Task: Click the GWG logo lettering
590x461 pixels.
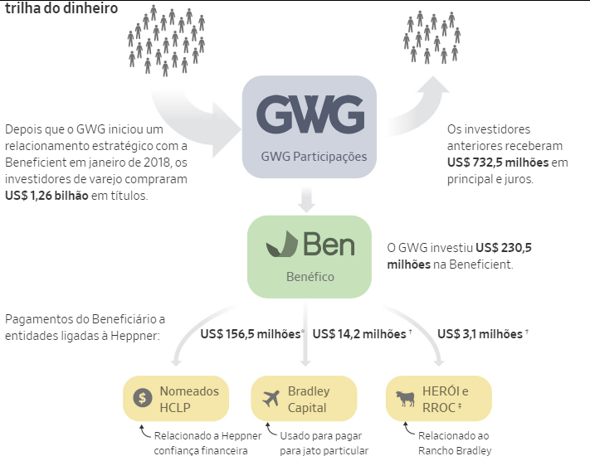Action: [310, 114]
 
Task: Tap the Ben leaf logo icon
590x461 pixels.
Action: [282, 244]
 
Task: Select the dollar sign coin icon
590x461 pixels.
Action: [143, 398]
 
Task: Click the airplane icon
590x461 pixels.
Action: [271, 398]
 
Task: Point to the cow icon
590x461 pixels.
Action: [405, 398]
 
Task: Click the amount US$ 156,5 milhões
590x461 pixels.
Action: [251, 334]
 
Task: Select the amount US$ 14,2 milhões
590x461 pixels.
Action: [359, 334]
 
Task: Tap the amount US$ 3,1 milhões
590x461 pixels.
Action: [480, 334]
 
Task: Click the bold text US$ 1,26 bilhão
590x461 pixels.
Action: [46, 196]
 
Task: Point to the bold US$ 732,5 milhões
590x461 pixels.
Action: [498, 163]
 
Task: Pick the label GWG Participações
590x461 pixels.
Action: [314, 157]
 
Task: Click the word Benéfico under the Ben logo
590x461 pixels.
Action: [310, 277]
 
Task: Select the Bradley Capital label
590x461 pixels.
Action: [309, 400]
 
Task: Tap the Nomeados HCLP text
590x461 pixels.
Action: [189, 400]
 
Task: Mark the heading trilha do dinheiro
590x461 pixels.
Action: [61, 8]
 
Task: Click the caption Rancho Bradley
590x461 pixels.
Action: [455, 450]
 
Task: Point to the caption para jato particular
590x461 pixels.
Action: [324, 450]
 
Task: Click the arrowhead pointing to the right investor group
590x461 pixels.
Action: [433, 85]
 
